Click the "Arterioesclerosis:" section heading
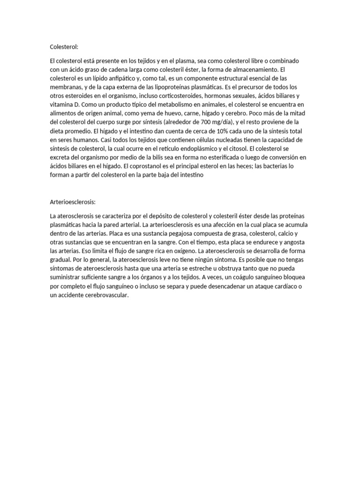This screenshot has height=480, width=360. [73, 202]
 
